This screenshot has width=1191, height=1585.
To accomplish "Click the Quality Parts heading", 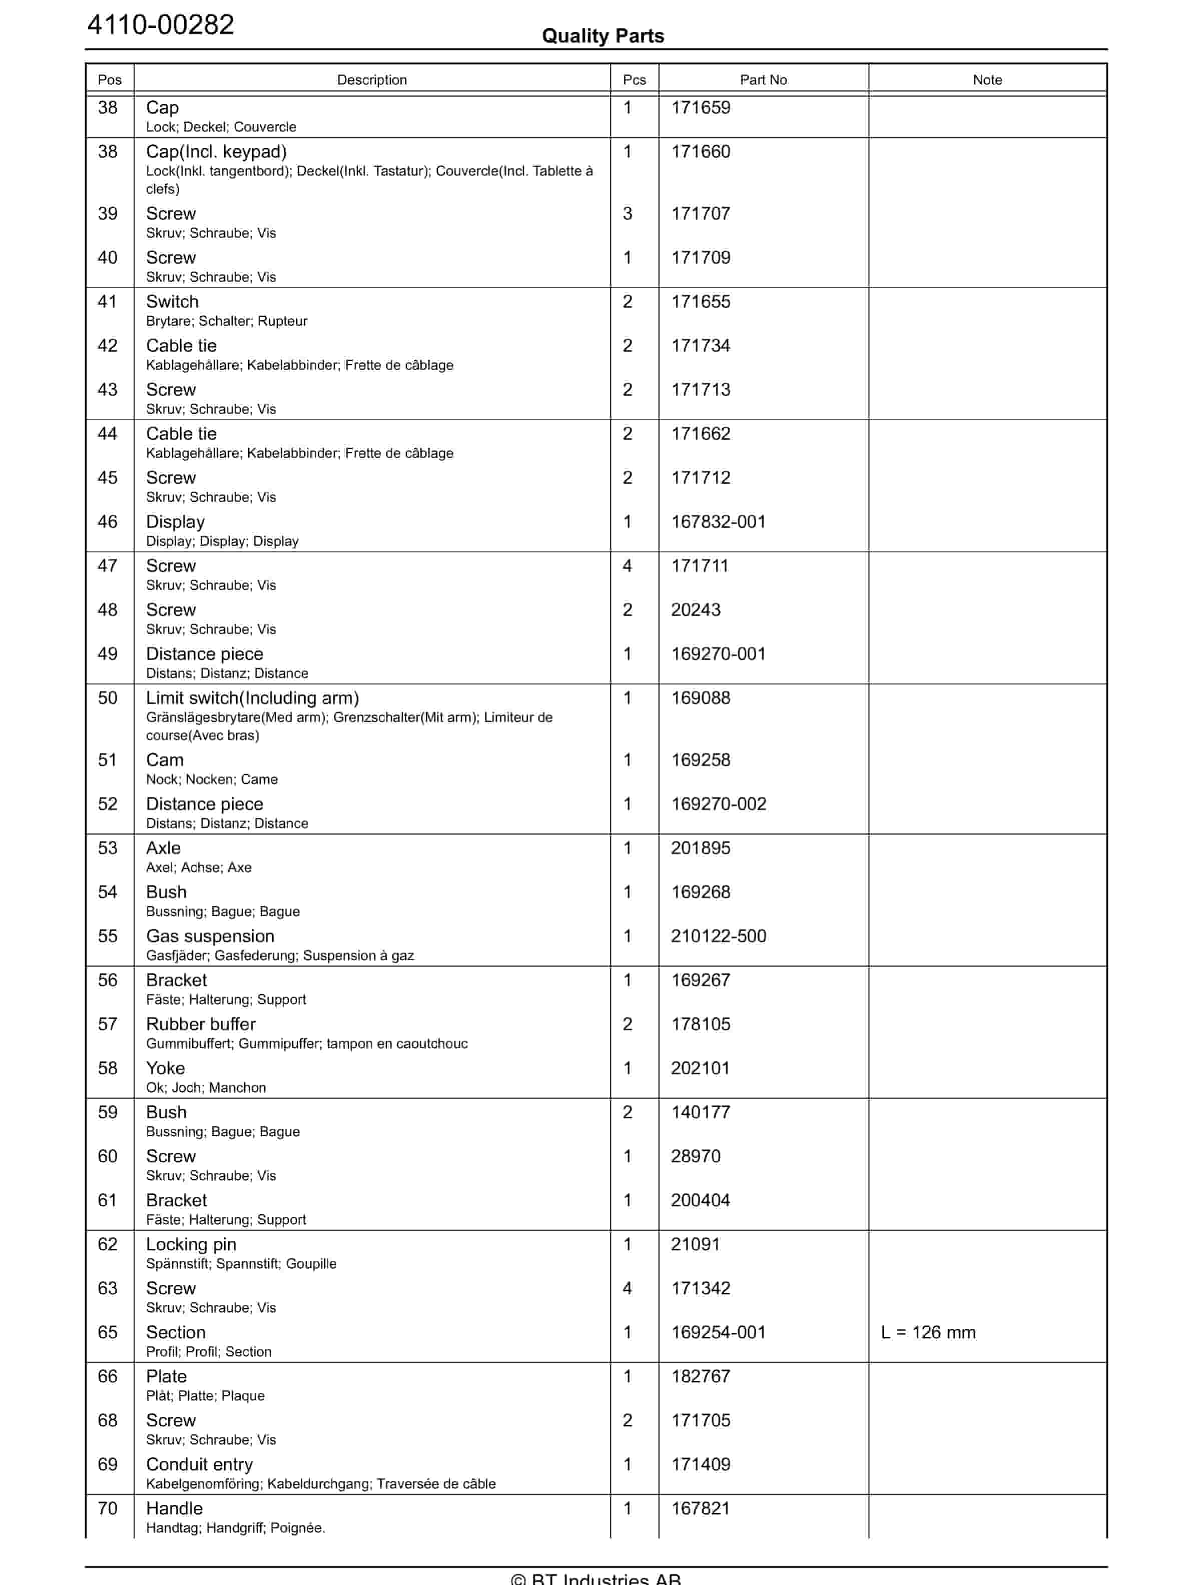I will click(603, 36).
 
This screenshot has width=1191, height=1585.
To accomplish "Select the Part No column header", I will click(763, 80).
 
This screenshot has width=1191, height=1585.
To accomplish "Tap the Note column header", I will click(987, 80).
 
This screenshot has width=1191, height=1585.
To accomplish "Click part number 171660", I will click(700, 152).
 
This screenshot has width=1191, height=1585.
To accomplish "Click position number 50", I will click(108, 698).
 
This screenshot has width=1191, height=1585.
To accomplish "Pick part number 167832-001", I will click(718, 522).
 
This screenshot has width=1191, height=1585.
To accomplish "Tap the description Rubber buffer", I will click(201, 1024).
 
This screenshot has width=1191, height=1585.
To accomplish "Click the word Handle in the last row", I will click(174, 1508).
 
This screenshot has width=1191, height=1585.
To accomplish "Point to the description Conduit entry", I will click(199, 1464).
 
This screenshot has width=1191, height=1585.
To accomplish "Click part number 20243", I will click(695, 610).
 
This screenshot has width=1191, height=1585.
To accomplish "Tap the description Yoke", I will click(166, 1068).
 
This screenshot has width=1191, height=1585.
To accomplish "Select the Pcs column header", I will click(634, 80).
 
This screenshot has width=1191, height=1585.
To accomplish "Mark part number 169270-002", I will click(718, 804).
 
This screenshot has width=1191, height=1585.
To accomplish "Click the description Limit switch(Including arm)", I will click(252, 698).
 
